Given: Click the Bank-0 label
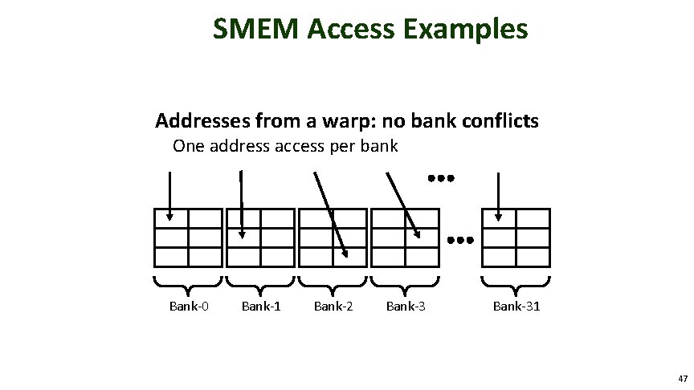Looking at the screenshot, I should pyautogui.click(x=189, y=305).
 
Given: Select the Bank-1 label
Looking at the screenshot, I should pyautogui.click(x=261, y=305).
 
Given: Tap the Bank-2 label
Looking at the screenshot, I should pyautogui.click(x=333, y=305).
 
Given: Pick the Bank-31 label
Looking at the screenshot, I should pyautogui.click(x=516, y=305).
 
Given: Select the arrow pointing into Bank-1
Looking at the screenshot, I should pyautogui.click(x=242, y=204).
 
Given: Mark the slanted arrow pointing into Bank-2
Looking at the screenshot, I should pyautogui.click(x=329, y=213).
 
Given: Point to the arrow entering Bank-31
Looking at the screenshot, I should pyautogui.click(x=499, y=194).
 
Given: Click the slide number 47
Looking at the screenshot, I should pyautogui.click(x=682, y=378).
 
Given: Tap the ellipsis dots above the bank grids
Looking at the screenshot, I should pyautogui.click(x=441, y=177).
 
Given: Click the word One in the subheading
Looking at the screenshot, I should pyautogui.click(x=189, y=146).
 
